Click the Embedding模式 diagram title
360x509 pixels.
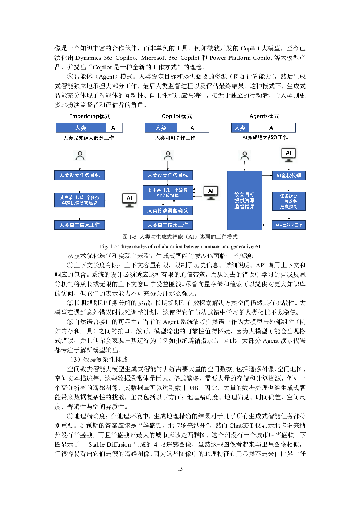90,116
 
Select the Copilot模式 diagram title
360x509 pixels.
177,116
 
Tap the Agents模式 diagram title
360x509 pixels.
264,116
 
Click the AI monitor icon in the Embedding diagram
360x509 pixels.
129,200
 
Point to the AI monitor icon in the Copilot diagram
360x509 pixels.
211,193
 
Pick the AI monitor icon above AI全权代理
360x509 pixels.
289,155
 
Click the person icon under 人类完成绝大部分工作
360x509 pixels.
80,156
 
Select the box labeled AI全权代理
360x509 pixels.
289,176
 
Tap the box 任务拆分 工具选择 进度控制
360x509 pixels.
289,201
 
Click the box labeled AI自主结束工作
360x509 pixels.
289,225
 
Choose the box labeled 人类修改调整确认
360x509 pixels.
168,210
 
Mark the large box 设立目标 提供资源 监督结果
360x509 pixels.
245,200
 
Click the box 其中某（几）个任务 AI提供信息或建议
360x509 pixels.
79,200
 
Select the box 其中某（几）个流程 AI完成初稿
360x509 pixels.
168,193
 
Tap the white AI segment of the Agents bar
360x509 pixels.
272,128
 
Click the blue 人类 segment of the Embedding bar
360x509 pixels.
81,128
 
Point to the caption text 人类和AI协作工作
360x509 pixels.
175,138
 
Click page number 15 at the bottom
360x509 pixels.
180,469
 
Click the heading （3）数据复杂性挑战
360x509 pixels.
98,360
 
